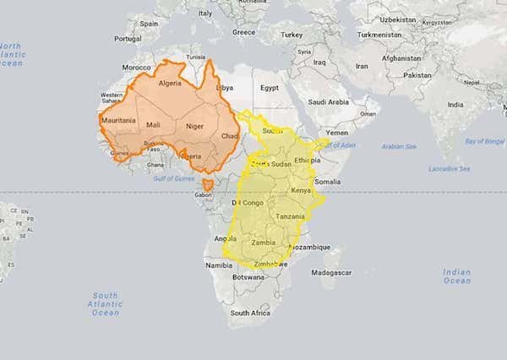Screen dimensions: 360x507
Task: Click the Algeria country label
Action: (170, 84)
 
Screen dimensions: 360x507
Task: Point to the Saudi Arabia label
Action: (328, 102)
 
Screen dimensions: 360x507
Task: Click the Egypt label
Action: (269, 87)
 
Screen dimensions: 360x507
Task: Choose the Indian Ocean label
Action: (456, 276)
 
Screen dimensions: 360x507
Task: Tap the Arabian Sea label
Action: (399, 146)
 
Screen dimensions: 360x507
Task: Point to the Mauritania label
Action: (118, 120)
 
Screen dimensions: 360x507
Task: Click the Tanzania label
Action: (290, 217)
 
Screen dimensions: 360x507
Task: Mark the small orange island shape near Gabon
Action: (208, 183)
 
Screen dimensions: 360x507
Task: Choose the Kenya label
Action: (301, 191)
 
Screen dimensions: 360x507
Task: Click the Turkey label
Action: (292, 35)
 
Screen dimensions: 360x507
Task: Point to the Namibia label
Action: (218, 265)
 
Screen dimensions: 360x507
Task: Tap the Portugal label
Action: (127, 39)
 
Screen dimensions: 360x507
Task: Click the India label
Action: (455, 105)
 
